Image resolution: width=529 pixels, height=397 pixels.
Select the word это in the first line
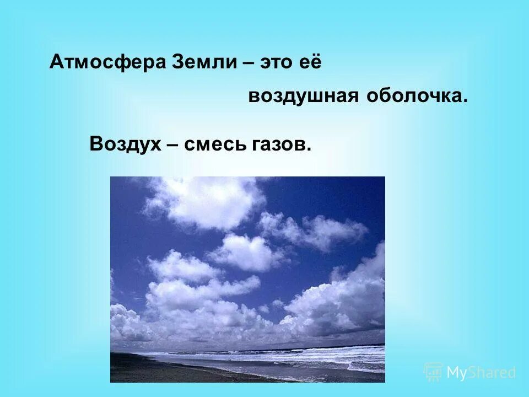click(x=279, y=62)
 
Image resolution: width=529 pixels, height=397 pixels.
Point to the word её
click(x=310, y=62)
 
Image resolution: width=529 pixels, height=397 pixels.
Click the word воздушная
click(x=296, y=96)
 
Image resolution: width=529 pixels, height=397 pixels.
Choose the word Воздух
click(x=125, y=144)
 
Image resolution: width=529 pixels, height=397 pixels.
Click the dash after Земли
click(x=247, y=63)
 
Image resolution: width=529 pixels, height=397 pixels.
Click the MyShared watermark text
click(x=481, y=373)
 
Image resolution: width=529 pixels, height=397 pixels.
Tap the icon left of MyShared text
click(x=434, y=372)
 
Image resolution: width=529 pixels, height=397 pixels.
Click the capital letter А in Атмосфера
click(x=55, y=62)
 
